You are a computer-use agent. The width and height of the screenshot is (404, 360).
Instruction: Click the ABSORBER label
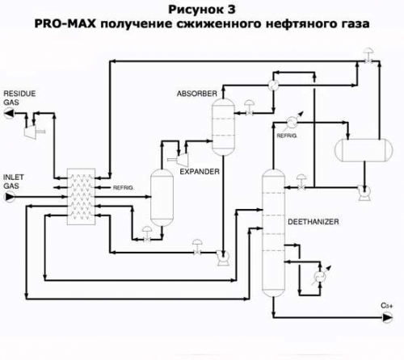197,94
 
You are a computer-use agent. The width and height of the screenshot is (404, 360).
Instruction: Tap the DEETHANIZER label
314,222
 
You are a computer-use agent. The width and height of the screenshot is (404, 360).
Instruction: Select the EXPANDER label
200,171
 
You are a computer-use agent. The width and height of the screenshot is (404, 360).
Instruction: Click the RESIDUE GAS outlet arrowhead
9,113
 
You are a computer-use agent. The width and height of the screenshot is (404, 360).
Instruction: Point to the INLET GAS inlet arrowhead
9,197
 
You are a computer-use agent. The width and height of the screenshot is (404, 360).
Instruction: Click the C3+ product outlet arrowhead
387,318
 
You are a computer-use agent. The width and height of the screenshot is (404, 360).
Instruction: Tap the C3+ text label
387,306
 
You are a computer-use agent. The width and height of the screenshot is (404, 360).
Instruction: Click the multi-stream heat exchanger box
81,197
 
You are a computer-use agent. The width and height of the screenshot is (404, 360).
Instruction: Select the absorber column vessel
223,127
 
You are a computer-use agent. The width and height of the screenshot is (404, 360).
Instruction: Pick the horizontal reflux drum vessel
364,150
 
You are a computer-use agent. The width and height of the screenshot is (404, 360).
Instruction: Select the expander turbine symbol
181,159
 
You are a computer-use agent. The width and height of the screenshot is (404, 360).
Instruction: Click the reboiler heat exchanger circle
320,276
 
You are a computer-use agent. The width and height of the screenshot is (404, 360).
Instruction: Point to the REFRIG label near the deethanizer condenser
287,136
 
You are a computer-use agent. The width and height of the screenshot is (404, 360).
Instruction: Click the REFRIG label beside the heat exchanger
123,188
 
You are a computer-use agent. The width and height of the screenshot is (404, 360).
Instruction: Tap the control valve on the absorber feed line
250,109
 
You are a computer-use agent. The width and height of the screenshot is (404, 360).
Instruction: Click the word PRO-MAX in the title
65,23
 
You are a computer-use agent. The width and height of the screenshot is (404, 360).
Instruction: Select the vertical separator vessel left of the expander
162,198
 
